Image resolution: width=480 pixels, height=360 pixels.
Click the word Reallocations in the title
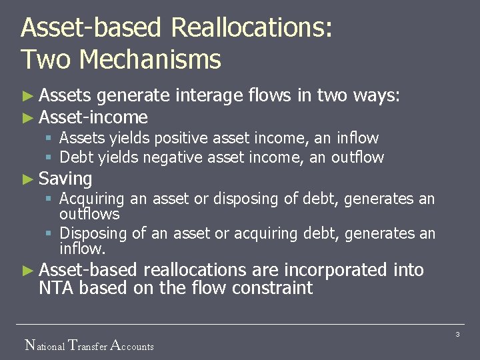(x=251, y=29)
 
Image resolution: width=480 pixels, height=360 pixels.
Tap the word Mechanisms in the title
(x=150, y=60)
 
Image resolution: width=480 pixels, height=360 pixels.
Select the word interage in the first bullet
(x=209, y=97)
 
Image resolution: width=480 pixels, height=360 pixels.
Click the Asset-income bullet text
(x=93, y=117)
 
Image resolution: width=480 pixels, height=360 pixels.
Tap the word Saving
(x=65, y=179)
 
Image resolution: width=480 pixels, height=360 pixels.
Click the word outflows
(x=89, y=214)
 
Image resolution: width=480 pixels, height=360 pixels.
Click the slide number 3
(x=458, y=334)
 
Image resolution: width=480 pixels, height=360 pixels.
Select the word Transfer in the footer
(x=89, y=345)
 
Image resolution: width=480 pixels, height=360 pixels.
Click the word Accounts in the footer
(x=131, y=345)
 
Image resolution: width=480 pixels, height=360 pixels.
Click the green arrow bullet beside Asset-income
(x=27, y=118)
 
